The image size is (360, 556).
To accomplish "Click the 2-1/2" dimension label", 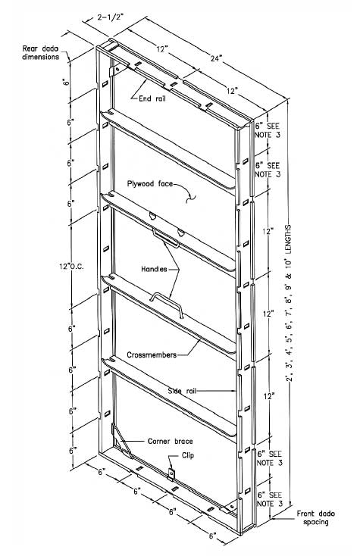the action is click(110, 17).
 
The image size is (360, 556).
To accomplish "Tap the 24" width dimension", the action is click(216, 58).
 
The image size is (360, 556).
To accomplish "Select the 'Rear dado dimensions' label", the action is click(40, 52).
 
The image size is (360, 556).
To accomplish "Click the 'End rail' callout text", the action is click(152, 98).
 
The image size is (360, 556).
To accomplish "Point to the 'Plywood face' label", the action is click(150, 183).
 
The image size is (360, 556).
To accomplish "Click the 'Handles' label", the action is click(154, 269).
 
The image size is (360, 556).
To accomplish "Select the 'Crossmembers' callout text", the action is click(152, 355).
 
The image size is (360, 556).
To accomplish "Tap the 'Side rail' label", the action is click(182, 391).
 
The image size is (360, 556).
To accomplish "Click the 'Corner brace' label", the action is click(171, 442).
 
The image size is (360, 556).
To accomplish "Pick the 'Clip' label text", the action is click(188, 455).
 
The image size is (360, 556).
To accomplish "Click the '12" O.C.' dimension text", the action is click(72, 267).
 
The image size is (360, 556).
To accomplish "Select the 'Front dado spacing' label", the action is click(316, 517).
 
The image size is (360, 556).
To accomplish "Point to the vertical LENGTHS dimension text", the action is click(289, 303).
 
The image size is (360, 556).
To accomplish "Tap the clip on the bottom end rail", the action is click(171, 473).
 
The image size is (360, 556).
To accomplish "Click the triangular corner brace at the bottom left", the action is click(122, 442).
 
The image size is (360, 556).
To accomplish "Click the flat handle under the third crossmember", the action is click(166, 238).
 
